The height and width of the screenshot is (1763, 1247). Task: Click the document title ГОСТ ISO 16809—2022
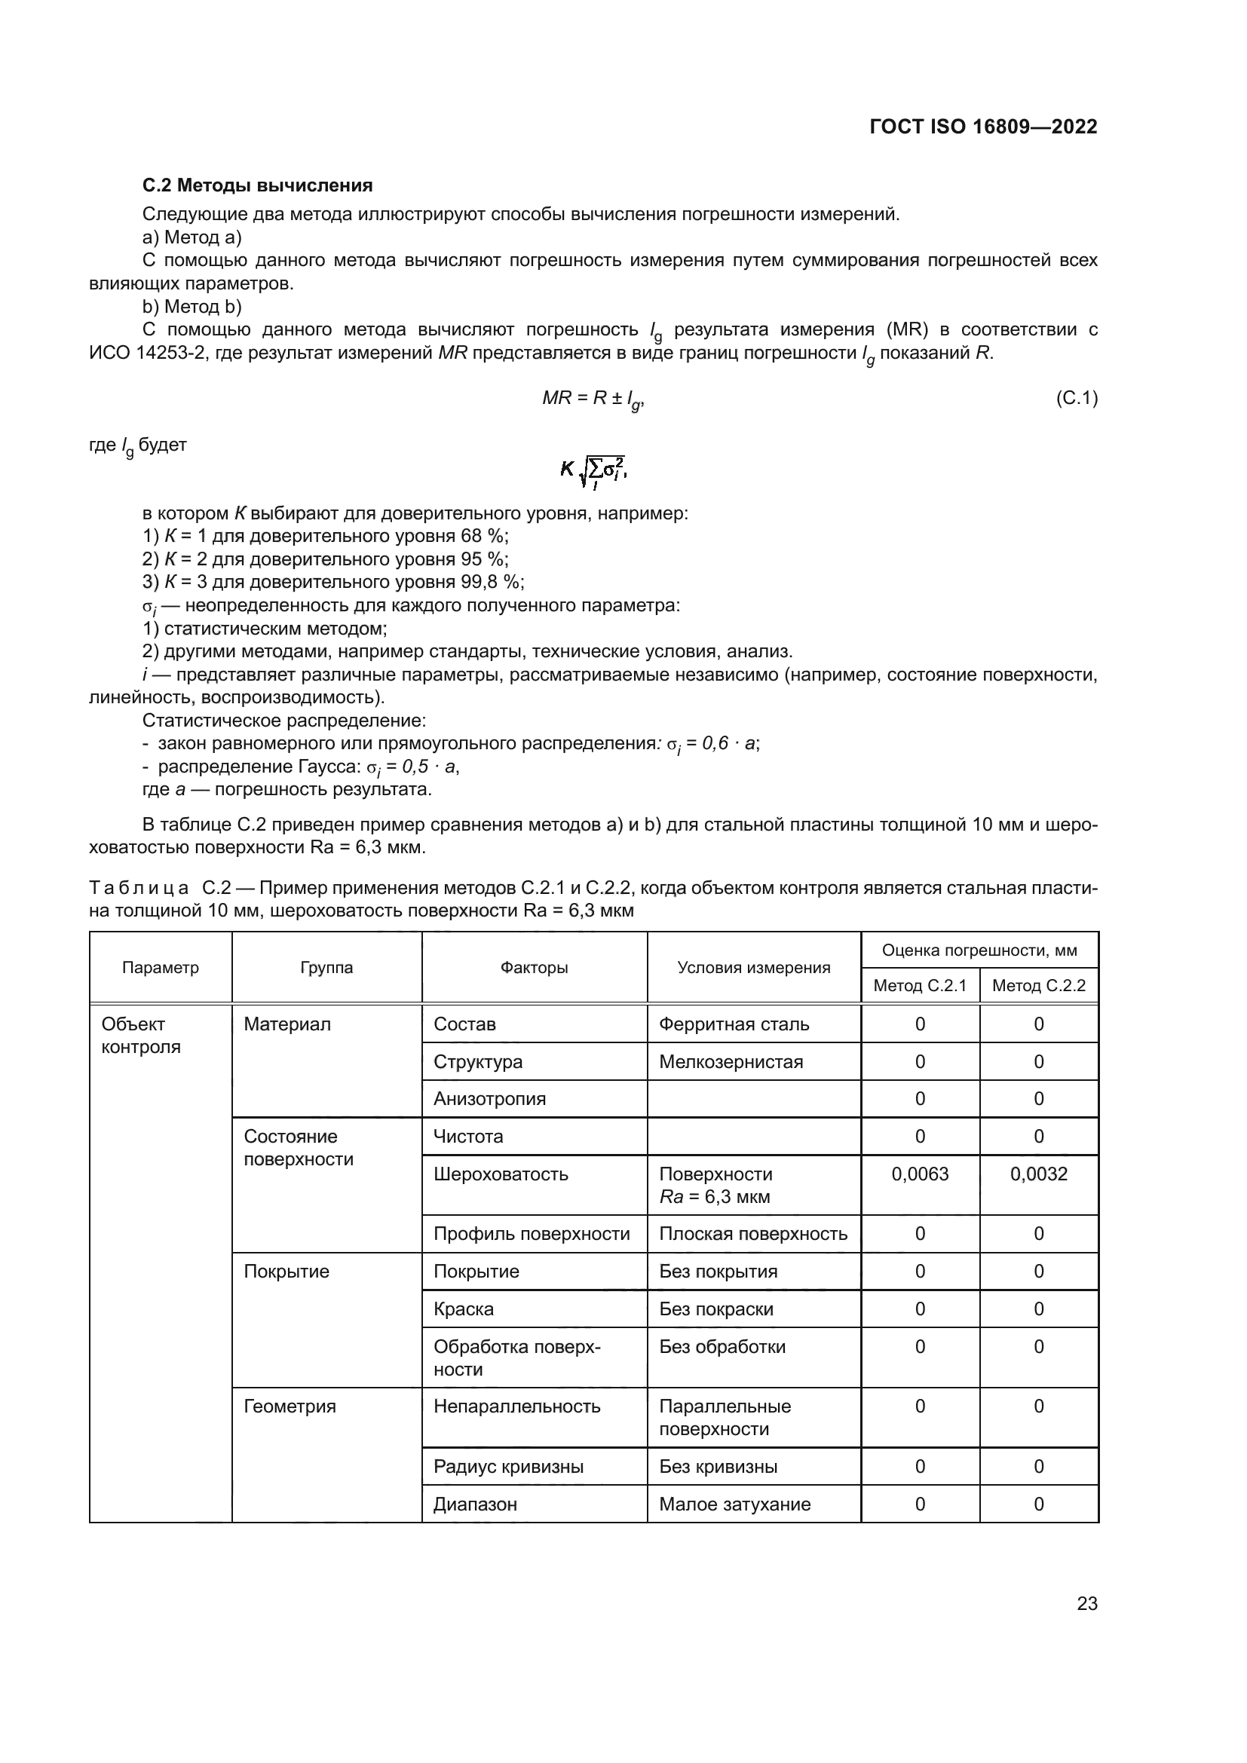[x=983, y=127]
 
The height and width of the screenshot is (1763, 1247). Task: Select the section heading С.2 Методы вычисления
[x=257, y=185]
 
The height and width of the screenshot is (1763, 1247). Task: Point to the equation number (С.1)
[x=1077, y=398]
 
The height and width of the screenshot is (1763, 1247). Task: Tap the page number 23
[x=1086, y=1603]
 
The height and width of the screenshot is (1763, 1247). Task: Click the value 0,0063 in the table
[x=919, y=1174]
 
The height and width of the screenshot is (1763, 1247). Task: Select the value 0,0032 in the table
[x=1038, y=1174]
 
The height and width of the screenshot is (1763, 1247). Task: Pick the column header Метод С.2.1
[x=919, y=985]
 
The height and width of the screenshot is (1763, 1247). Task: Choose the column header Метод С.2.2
[x=1038, y=985]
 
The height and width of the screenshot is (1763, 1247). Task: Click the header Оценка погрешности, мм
[x=979, y=950]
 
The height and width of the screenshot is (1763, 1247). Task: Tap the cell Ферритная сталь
[x=734, y=1024]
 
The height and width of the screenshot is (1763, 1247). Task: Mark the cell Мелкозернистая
[x=731, y=1061]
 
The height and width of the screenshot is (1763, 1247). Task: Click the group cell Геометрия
[x=290, y=1406]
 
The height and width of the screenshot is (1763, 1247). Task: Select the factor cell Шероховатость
[x=501, y=1174]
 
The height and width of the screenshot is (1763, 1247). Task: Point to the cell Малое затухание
[x=734, y=1504]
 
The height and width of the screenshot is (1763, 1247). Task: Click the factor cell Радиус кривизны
[x=508, y=1466]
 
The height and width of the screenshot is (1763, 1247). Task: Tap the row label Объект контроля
[x=140, y=1035]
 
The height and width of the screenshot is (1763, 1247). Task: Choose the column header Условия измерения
[x=753, y=968]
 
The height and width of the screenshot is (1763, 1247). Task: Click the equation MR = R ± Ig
[x=593, y=399]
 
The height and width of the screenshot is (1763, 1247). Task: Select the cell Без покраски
[x=715, y=1308]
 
